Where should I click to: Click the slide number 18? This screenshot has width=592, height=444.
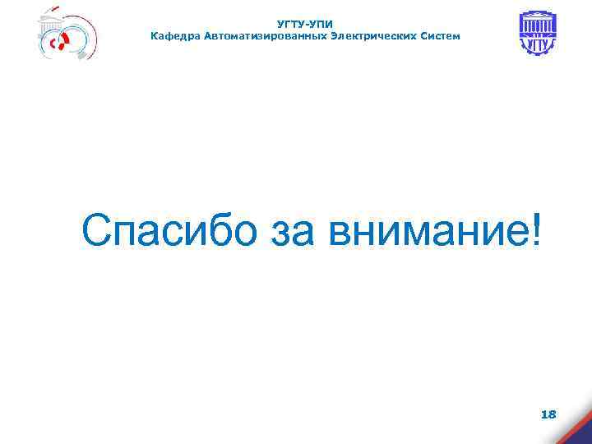pos(548,414)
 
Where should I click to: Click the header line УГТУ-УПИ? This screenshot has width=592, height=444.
pos(305,25)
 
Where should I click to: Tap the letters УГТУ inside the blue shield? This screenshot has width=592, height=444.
pos(537,44)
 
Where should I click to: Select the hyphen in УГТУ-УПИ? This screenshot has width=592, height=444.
pos(305,25)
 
